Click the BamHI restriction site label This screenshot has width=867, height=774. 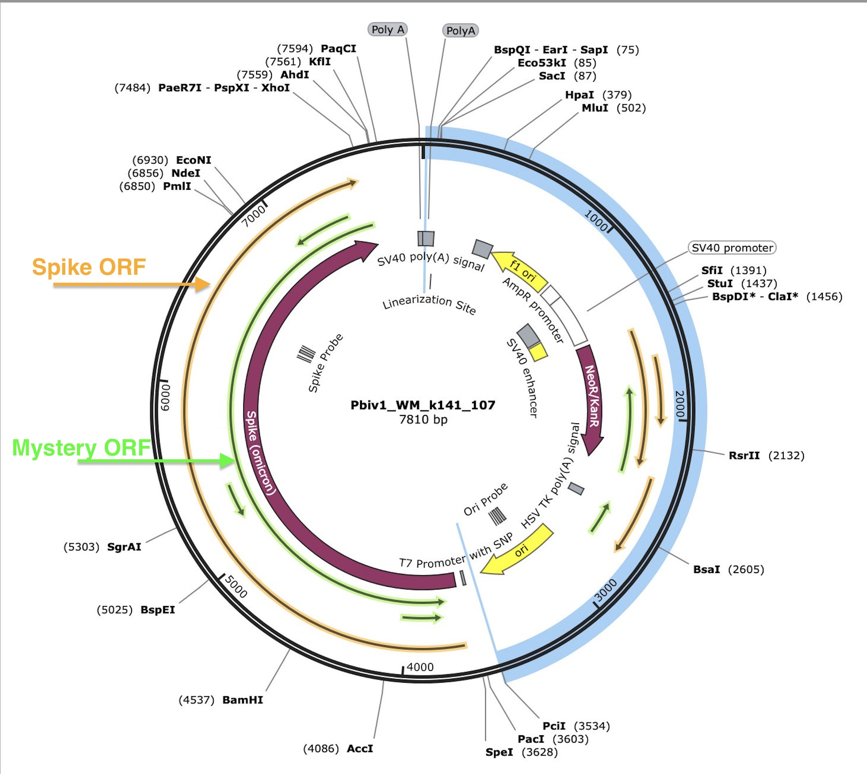coord(243,700)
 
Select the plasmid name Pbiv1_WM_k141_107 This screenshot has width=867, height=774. coord(423,405)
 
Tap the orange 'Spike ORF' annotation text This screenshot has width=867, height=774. coord(89,267)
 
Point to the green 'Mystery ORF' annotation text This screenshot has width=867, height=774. coord(81,448)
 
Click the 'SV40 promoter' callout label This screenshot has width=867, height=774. coord(732,248)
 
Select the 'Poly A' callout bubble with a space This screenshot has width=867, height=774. coord(387,29)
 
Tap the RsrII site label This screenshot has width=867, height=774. coord(744,455)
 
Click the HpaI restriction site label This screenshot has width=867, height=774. coord(579,95)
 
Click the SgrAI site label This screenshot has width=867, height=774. coord(124,547)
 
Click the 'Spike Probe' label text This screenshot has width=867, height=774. coord(325,363)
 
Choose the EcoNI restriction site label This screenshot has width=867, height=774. coord(193,160)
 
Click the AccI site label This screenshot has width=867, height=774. coord(360,748)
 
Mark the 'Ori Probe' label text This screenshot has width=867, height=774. coord(485,499)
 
